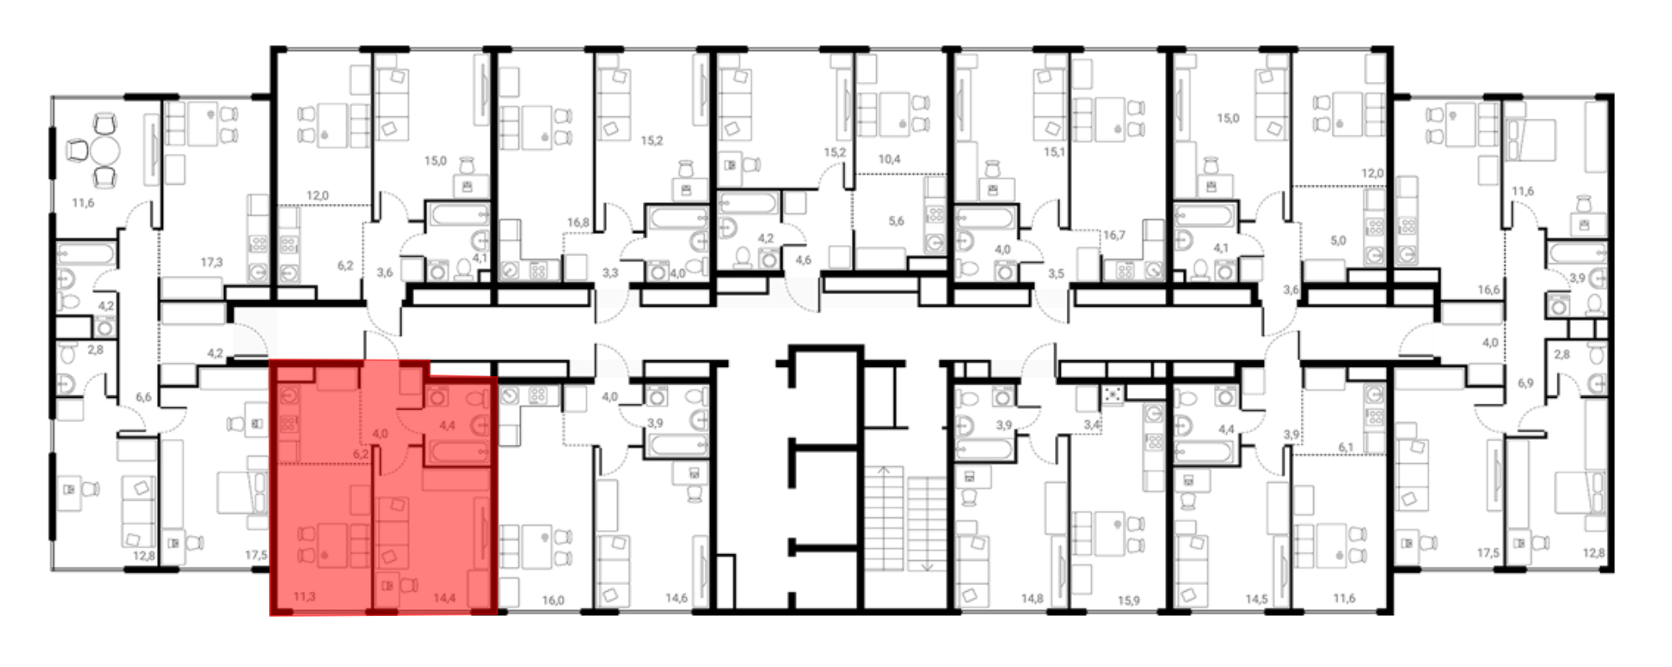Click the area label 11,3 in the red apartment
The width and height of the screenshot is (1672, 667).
304,597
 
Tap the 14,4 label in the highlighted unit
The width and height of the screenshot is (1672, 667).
444,598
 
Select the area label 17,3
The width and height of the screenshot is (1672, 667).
212,262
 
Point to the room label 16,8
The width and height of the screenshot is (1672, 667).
578,222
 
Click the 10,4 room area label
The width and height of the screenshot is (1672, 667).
889,159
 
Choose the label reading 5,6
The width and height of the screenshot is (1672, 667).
896,221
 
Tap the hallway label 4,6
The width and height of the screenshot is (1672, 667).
803,261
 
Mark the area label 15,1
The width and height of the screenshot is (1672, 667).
1054,152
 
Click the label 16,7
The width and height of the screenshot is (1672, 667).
1114,235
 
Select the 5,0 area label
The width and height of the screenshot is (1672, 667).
1338,241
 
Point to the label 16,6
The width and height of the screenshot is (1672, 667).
1488,290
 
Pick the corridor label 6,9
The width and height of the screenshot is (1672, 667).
1526,383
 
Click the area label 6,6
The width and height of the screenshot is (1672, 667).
144,397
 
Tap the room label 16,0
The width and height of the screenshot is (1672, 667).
553,600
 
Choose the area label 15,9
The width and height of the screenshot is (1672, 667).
1128,600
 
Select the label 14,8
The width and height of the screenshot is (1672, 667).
1032,598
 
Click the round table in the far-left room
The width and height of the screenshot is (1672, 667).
105,151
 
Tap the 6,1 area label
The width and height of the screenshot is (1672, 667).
1346,447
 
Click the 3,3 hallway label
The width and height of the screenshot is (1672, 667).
610,272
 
